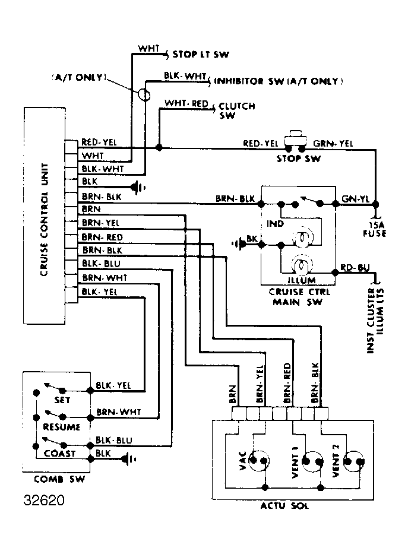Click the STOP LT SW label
201,55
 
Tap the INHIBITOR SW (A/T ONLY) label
279,81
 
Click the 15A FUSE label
374,229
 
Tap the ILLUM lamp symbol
301,265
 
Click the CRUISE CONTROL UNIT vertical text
44,220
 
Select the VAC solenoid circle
258,460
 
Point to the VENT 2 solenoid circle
354,461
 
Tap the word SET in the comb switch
62,400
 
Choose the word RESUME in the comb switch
61,427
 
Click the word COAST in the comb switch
60,453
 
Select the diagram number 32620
44,501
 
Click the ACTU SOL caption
284,506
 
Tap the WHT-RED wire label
186,103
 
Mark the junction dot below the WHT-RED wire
159,147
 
